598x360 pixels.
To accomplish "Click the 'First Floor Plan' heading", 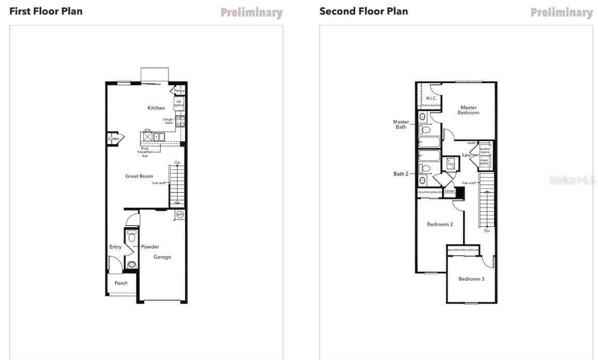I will (x=45, y=11).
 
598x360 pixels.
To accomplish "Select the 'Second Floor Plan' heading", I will (x=363, y=11).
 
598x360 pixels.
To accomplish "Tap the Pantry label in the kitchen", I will (x=179, y=91).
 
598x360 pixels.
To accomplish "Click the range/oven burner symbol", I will (x=181, y=121).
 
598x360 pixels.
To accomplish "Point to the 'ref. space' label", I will (x=179, y=103).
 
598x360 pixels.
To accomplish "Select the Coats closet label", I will (x=113, y=138).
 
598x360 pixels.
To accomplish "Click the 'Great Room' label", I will (x=139, y=176).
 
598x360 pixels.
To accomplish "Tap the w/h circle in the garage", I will (x=180, y=214).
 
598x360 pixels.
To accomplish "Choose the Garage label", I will (x=162, y=257).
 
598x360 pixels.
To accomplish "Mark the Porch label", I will (x=121, y=283).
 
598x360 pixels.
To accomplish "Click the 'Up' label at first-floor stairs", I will (x=177, y=162).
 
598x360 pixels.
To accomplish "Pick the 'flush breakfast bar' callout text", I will (x=145, y=152).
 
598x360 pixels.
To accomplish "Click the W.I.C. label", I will (x=431, y=98).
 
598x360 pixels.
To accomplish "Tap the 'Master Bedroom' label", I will (x=468, y=110).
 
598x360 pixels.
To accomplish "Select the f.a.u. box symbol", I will (x=450, y=164).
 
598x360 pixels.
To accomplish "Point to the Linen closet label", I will (x=449, y=191).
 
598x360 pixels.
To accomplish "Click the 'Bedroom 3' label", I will (x=471, y=279).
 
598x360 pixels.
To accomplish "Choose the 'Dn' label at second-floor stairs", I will (x=486, y=231).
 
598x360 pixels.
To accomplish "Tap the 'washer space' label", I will (x=484, y=150).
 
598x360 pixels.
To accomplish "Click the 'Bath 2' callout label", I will (x=401, y=174).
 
